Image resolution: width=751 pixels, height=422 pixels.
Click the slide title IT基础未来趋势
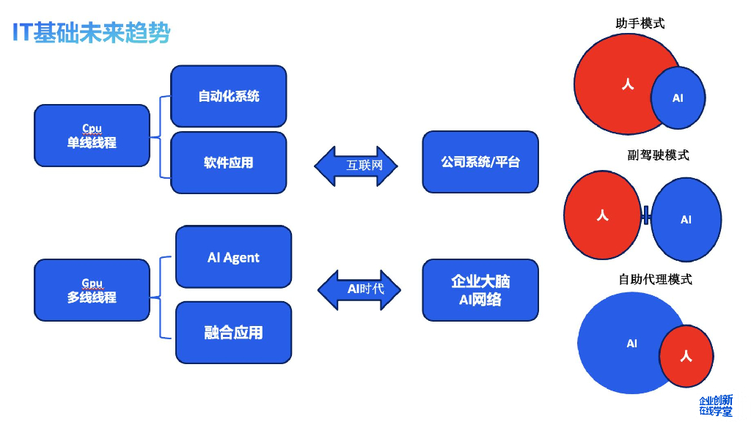pyautogui.click(x=92, y=33)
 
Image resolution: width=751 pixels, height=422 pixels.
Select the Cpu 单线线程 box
pyautogui.click(x=92, y=136)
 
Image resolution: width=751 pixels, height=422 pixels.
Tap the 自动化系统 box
pyautogui.click(x=228, y=96)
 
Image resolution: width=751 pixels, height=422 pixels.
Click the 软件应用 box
pyautogui.click(x=228, y=163)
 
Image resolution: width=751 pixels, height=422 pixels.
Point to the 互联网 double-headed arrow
pyautogui.click(x=356, y=166)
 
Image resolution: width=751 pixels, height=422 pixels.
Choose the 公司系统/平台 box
pyautogui.click(x=480, y=162)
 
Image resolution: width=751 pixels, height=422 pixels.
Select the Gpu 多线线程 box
pyautogui.click(x=92, y=290)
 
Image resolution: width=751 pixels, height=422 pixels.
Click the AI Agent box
pyautogui.click(x=233, y=257)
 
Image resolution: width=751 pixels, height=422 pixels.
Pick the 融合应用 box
pyautogui.click(x=233, y=333)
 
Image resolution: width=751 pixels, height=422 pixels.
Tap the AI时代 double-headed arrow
pyautogui.click(x=360, y=289)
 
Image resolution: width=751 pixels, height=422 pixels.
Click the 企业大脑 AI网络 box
pyautogui.click(x=480, y=290)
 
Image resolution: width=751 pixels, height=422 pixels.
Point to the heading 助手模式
pyautogui.click(x=640, y=23)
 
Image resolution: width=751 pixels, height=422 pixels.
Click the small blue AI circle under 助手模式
pyautogui.click(x=678, y=97)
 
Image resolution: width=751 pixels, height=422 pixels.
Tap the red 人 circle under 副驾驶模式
pyautogui.click(x=602, y=215)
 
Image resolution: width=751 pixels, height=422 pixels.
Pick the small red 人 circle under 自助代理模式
pyautogui.click(x=686, y=356)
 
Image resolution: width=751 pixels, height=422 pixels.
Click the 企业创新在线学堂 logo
pyautogui.click(x=715, y=406)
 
